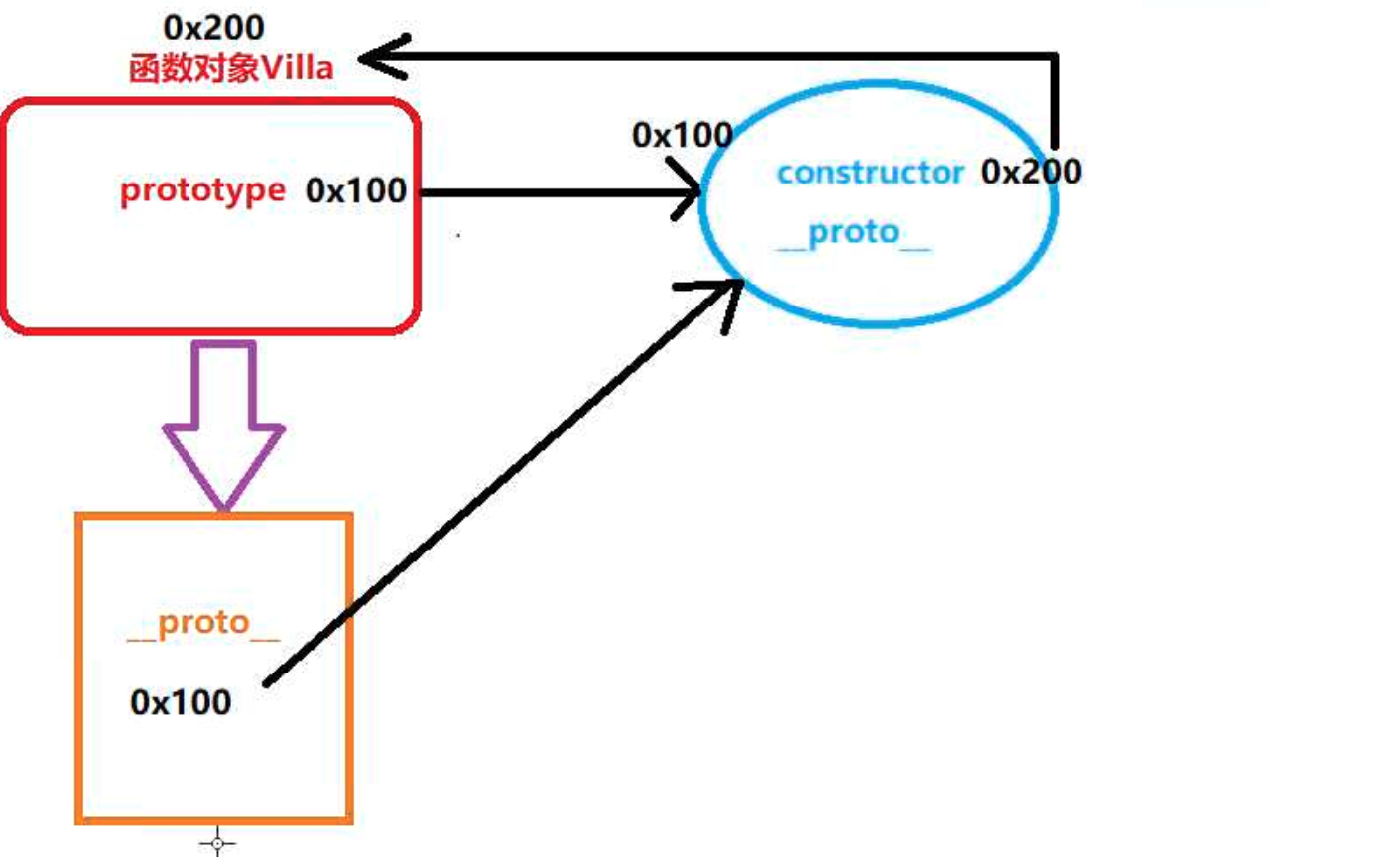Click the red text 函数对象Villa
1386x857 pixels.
coord(229,68)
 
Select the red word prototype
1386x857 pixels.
coord(202,190)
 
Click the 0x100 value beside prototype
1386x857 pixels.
coord(356,190)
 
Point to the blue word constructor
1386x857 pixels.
coord(870,173)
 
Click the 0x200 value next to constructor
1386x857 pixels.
coord(1031,172)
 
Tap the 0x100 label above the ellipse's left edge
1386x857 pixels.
coord(683,134)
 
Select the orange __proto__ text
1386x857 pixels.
coord(203,625)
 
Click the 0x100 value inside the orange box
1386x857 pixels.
coord(181,702)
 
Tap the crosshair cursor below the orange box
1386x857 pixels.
coord(217,843)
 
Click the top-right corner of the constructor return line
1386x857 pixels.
coord(1055,56)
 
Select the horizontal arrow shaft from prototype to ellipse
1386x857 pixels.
coord(556,192)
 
